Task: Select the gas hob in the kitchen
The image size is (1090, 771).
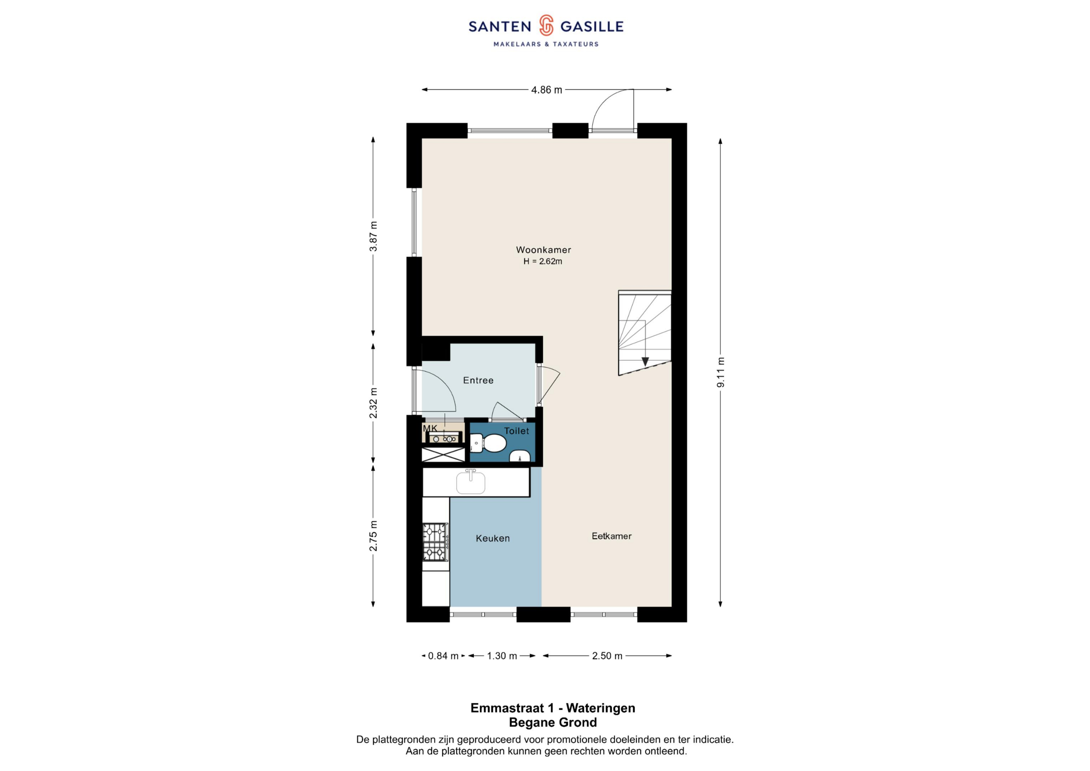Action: [436, 542]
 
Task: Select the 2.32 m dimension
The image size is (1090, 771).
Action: [373, 403]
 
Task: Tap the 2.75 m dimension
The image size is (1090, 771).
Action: [373, 536]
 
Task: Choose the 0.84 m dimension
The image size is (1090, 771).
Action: [443, 656]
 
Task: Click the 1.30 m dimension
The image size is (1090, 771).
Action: [502, 656]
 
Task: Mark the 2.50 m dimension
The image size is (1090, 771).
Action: [607, 656]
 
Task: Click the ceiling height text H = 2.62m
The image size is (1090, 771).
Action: [543, 261]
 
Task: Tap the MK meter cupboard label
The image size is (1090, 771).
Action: [430, 429]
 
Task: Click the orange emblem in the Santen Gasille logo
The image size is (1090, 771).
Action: [546, 25]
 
